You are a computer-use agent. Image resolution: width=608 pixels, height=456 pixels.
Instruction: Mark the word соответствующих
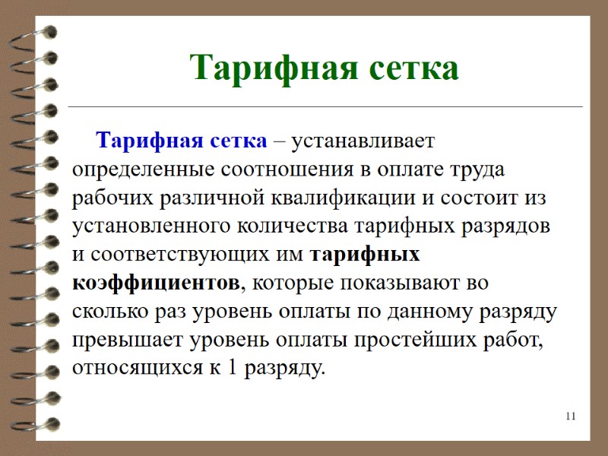point(184,254)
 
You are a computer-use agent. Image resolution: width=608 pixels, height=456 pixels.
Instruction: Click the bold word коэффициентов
point(155,283)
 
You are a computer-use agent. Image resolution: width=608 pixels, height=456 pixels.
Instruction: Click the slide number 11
point(572,416)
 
